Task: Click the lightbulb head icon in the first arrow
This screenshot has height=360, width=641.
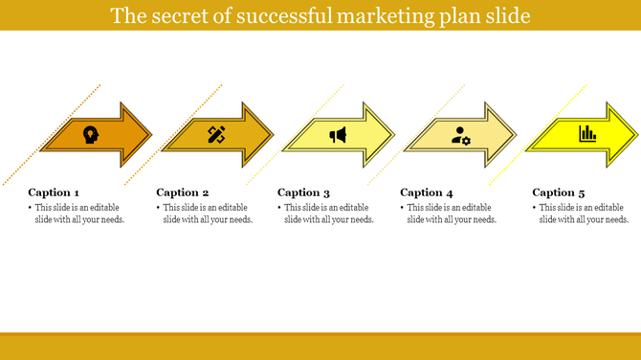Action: (90, 134)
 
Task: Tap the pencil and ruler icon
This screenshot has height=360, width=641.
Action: (216, 135)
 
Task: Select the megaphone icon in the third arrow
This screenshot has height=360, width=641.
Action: (338, 135)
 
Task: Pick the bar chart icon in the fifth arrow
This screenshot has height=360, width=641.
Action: (587, 134)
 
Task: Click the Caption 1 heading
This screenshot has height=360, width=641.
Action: (54, 192)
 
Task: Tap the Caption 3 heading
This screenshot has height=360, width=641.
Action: (303, 192)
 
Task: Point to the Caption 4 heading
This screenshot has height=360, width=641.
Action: (427, 192)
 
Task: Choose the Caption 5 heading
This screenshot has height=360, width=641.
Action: (559, 192)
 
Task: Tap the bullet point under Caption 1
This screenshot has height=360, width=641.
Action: (31, 208)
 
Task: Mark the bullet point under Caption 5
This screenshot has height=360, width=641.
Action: (535, 208)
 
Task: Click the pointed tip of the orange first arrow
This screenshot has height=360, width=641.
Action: (150, 134)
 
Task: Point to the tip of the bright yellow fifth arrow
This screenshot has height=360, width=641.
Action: (637, 134)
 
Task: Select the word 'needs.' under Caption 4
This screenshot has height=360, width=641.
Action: (483, 219)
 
